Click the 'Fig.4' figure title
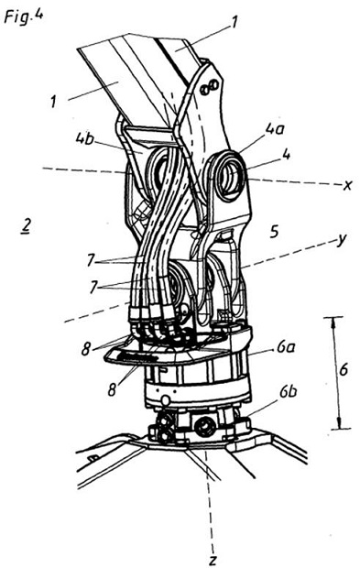24,16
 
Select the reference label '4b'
85,139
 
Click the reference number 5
275,232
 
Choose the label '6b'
288,393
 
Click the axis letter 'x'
346,186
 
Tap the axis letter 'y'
341,240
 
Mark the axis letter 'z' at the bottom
213,560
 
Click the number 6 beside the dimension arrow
344,370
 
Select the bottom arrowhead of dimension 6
339,424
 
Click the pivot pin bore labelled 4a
229,177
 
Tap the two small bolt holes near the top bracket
210,87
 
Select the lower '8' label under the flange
113,389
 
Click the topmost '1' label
235,23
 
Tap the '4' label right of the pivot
286,156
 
